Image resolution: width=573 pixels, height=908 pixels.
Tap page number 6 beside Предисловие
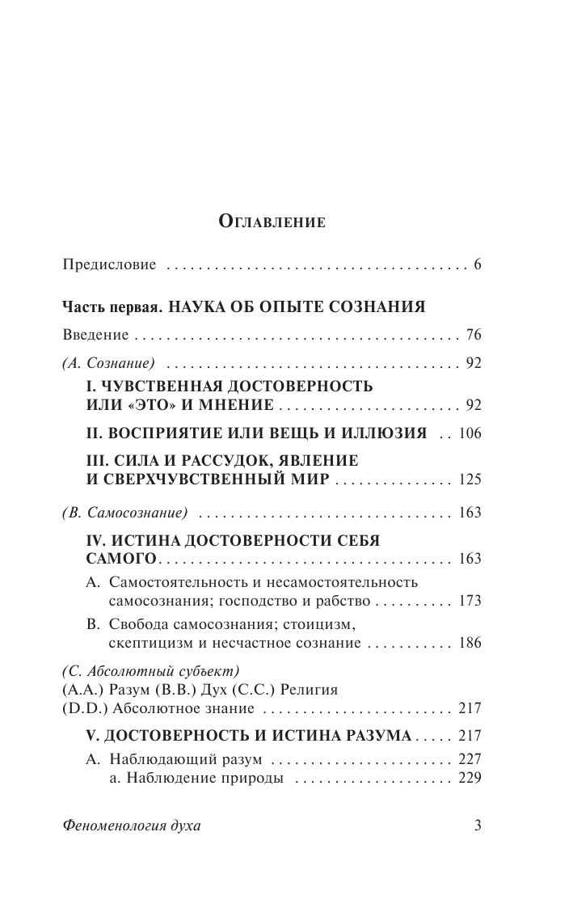pos(478,265)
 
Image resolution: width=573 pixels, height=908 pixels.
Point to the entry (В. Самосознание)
pos(124,513)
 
